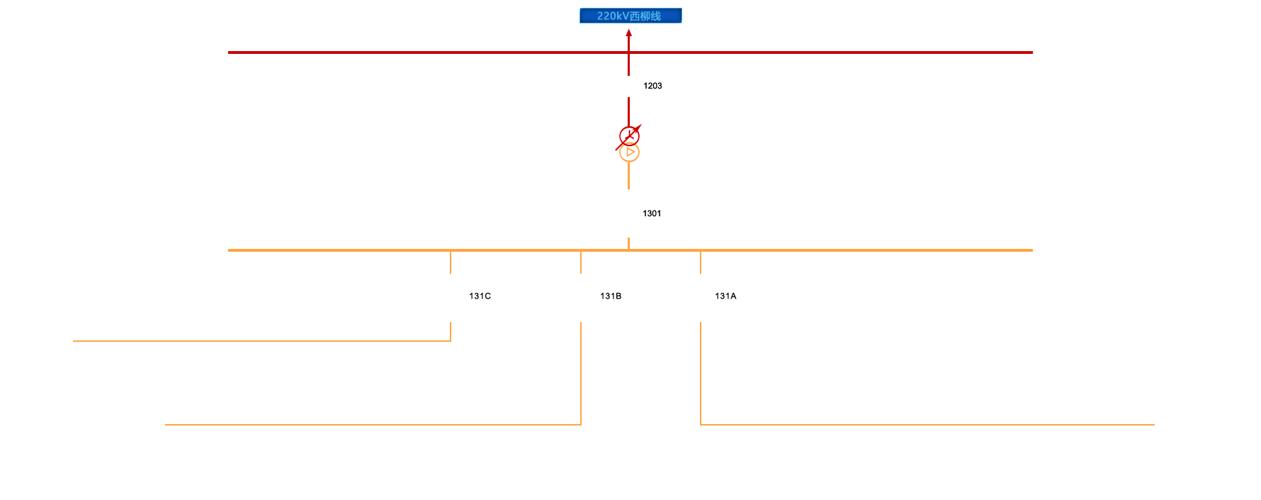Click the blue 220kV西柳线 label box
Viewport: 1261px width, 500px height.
630,16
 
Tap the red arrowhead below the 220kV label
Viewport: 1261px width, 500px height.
628,33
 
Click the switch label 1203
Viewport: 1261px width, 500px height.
652,86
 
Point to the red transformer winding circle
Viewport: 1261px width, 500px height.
629,135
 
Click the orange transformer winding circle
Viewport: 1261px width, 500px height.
629,152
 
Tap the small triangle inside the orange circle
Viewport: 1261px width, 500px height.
630,152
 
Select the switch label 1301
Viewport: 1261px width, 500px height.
652,213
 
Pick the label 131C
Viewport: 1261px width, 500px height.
480,296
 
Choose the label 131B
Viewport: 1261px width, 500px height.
611,296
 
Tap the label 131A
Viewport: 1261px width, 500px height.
725,296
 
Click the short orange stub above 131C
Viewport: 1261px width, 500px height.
451,262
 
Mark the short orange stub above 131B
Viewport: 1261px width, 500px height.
581,262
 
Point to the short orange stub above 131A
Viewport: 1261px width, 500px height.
701,262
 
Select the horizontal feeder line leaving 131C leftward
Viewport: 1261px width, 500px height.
262,341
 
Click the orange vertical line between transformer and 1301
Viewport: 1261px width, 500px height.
628,176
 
